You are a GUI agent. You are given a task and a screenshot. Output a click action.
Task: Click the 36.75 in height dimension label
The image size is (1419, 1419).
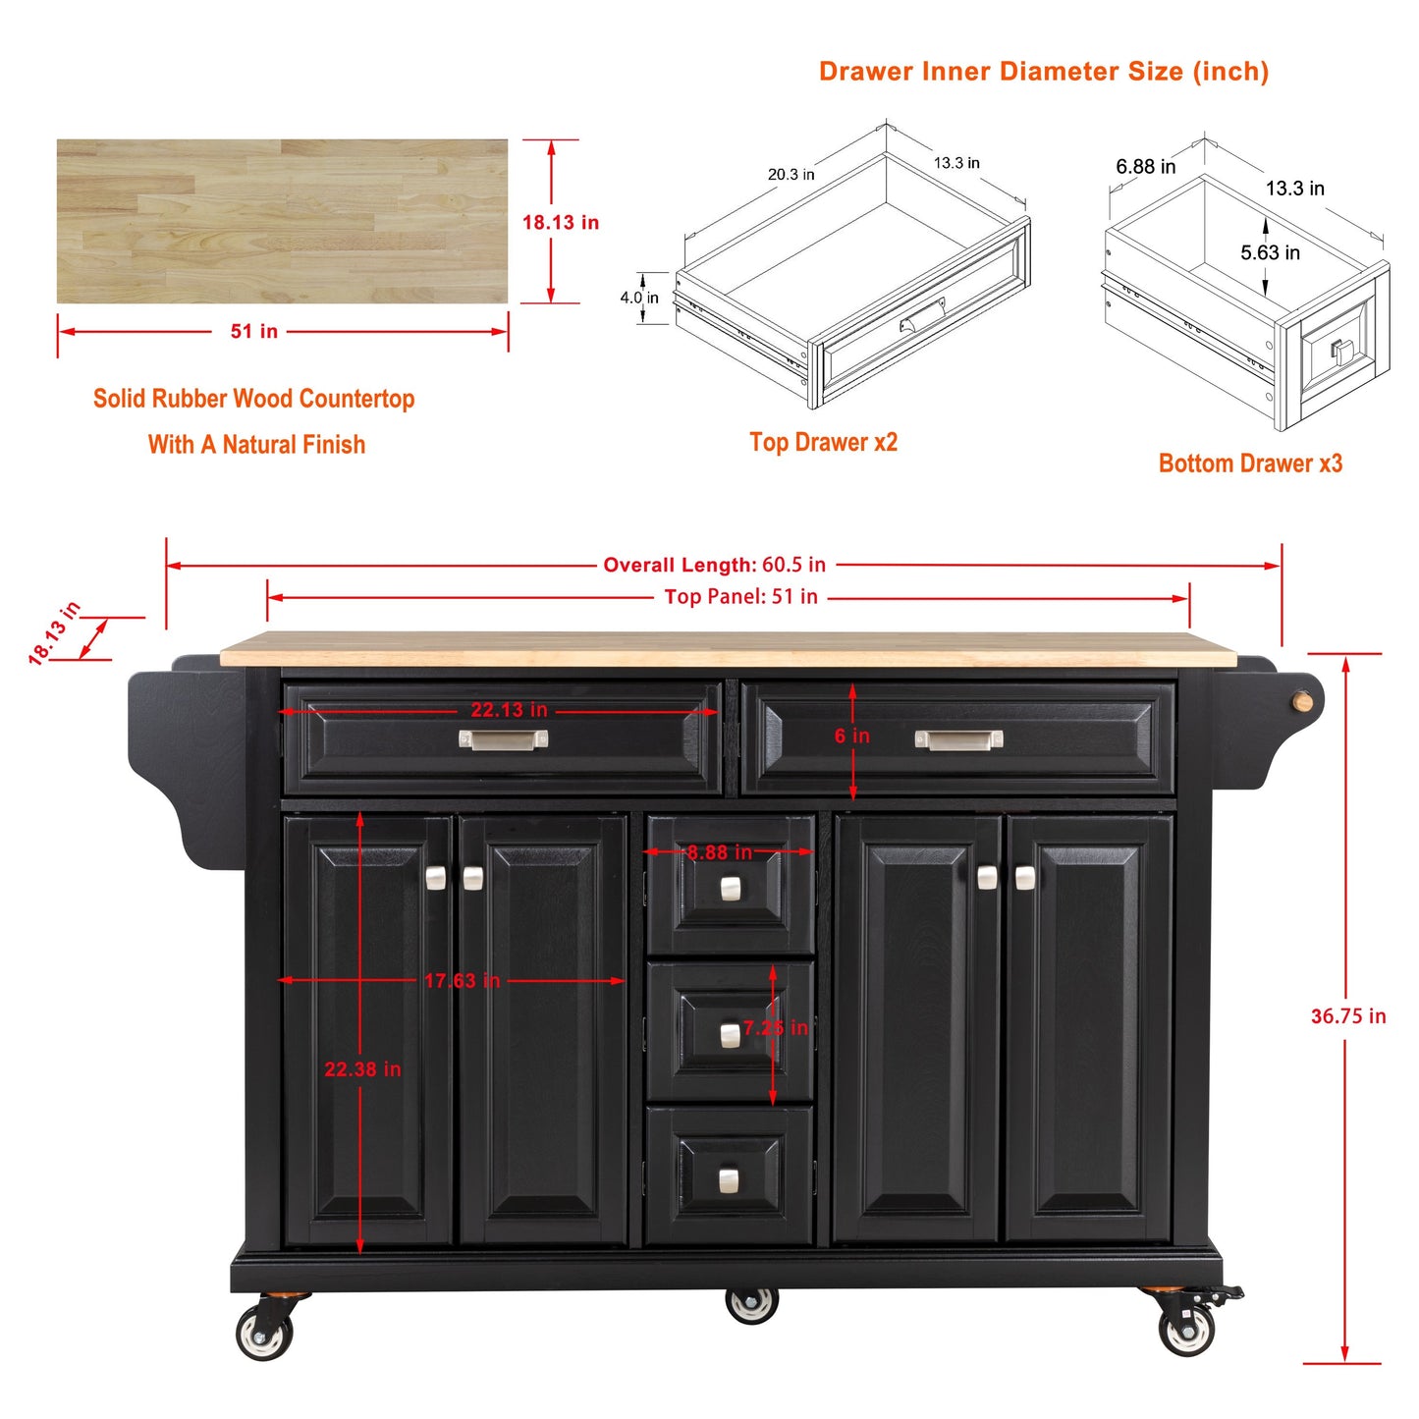[x=1347, y=1016]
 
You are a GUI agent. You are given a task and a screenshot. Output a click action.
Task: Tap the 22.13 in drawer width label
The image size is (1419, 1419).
[x=509, y=710]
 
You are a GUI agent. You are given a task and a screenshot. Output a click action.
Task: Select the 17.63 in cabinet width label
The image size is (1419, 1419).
[x=462, y=981]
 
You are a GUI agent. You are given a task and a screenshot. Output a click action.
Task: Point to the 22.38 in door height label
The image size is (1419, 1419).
[x=362, y=1069]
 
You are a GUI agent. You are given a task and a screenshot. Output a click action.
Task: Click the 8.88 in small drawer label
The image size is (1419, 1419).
[x=720, y=852]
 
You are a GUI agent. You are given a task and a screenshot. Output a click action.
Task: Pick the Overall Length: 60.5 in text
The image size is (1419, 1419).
[x=714, y=565]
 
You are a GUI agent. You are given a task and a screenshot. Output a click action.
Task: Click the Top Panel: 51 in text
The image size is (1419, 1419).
[x=740, y=596]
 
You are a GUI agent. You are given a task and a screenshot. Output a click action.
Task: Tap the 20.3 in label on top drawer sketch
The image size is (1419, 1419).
[x=791, y=175]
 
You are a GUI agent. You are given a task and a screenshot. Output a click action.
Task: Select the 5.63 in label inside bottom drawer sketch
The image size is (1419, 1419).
[x=1271, y=252]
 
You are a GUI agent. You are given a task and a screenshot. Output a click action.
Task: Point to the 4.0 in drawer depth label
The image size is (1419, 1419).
[x=639, y=298]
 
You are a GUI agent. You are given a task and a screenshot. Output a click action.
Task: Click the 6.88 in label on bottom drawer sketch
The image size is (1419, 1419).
[x=1145, y=166]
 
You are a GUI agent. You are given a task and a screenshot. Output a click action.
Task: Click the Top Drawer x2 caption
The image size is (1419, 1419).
[x=823, y=442]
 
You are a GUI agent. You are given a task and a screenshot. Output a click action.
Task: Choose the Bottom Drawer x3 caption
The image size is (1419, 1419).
[x=1250, y=464]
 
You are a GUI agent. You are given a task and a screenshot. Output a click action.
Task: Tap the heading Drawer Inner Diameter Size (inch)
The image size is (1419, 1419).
[x=1044, y=72]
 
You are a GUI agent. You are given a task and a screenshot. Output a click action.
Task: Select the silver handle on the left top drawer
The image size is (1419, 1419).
[x=503, y=739]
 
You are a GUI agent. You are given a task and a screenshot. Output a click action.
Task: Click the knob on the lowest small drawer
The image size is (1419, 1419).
[x=729, y=1181]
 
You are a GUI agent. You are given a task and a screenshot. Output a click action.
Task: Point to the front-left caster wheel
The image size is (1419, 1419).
[x=265, y=1332]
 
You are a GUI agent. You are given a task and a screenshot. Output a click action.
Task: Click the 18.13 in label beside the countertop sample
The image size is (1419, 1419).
[x=561, y=222]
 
